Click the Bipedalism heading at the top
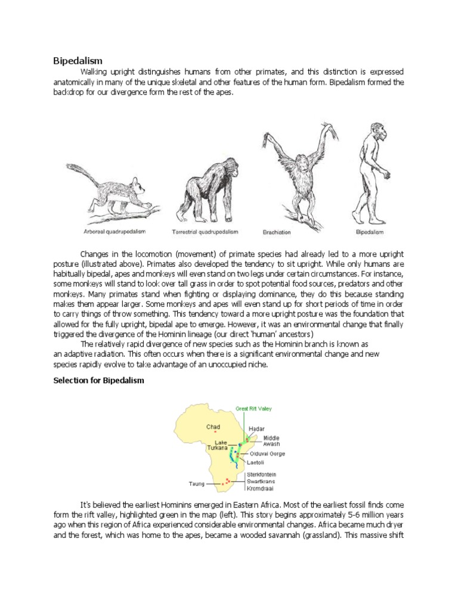coord(78,61)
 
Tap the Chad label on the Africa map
coord(213,427)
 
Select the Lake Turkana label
coord(218,446)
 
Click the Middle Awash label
coord(270,440)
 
